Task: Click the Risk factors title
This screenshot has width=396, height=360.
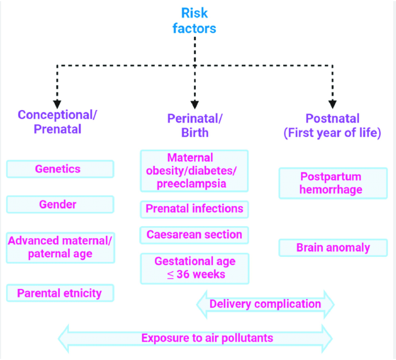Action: [x=195, y=20]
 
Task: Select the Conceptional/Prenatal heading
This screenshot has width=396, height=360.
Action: [x=57, y=121]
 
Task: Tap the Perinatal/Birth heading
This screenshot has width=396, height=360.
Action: [x=195, y=125]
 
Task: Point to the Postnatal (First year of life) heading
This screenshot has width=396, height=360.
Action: [x=332, y=125]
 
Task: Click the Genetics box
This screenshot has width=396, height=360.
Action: [x=60, y=169]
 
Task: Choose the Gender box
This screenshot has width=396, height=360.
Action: [x=60, y=204]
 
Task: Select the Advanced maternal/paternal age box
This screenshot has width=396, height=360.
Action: [x=60, y=247]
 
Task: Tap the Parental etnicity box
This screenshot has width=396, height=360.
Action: [x=60, y=293]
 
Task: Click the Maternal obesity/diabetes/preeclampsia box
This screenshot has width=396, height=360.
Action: [x=194, y=170]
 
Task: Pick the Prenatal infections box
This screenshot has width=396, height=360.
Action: [x=194, y=209]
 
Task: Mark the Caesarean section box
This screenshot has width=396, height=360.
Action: [x=194, y=235]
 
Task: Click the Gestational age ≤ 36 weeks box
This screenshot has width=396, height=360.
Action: [x=194, y=268]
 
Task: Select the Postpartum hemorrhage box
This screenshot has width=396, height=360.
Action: [x=332, y=183]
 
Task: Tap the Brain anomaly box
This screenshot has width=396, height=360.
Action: [x=332, y=248]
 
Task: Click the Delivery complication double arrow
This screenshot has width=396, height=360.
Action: [x=265, y=304]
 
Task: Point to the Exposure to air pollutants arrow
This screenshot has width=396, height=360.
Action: [x=196, y=338]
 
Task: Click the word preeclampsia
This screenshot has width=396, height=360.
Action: [x=194, y=183]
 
